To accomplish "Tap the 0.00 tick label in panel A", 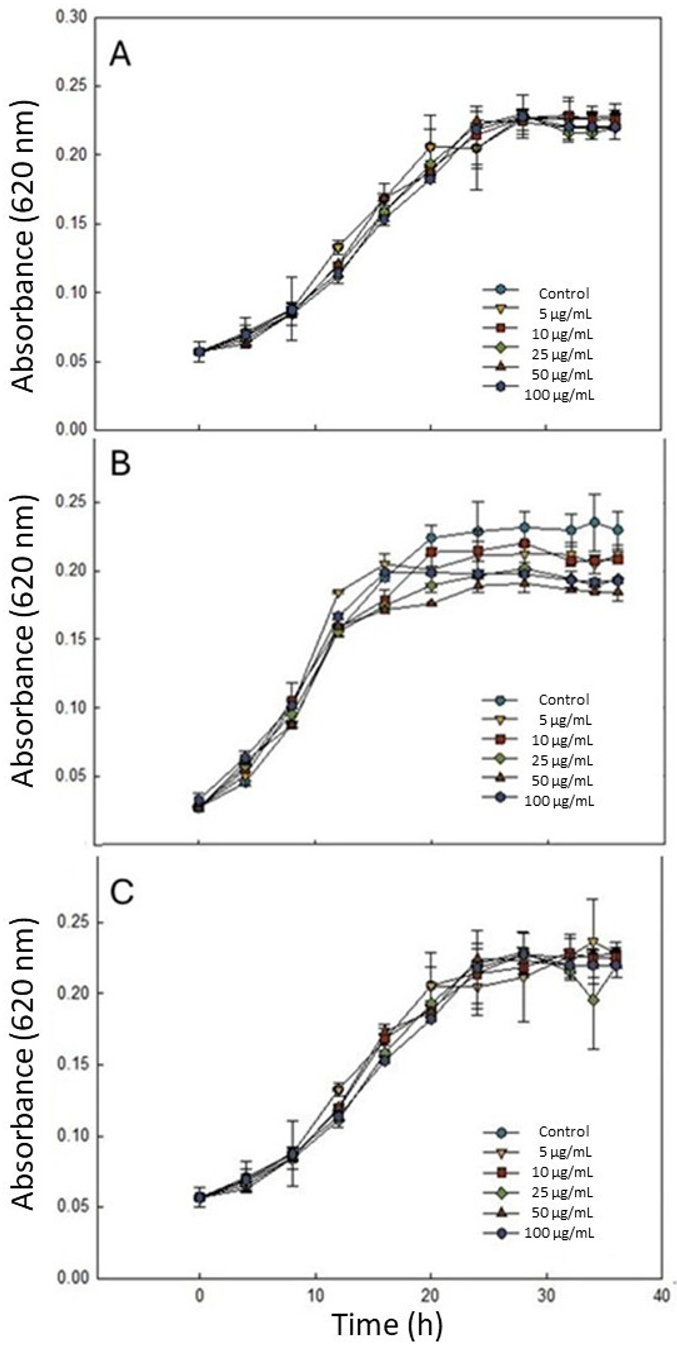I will [x=72, y=430].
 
